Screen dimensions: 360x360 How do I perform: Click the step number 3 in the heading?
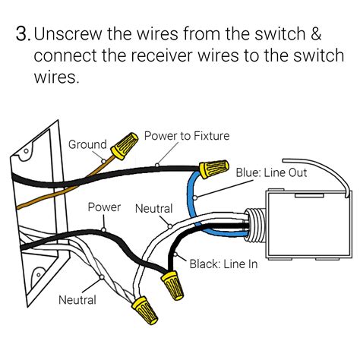[x=22, y=34]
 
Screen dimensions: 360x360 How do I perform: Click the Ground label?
[x=87, y=144]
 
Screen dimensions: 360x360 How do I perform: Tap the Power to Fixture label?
[x=186, y=136]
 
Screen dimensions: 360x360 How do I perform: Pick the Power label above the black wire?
[x=104, y=207]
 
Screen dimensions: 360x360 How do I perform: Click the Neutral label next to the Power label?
[x=153, y=208]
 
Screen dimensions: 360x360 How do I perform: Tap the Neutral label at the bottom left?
[x=77, y=300]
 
